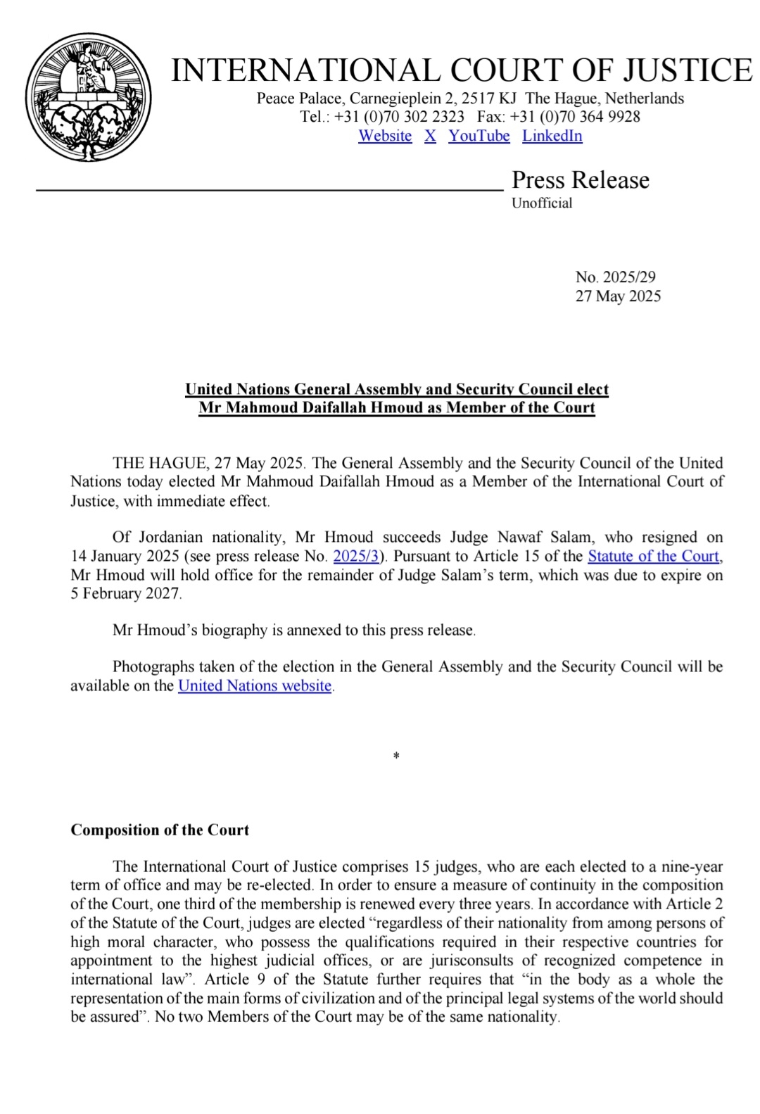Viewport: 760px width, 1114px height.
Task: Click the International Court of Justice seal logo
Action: pyautogui.click(x=89, y=97)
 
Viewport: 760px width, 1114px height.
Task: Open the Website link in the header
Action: pyautogui.click(x=385, y=136)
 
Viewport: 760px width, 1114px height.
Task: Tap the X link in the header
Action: pyautogui.click(x=430, y=136)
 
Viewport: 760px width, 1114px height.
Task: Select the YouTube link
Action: pyautogui.click(x=479, y=136)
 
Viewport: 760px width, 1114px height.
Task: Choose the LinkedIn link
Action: pyautogui.click(x=552, y=136)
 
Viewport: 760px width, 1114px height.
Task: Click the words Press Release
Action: pyautogui.click(x=580, y=180)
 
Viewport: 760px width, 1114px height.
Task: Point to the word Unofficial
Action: pyautogui.click(x=541, y=203)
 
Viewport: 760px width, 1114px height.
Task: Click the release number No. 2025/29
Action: pyautogui.click(x=615, y=277)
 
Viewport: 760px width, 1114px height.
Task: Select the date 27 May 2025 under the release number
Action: pyautogui.click(x=618, y=296)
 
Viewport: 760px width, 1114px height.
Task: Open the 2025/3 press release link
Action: pyautogui.click(x=355, y=557)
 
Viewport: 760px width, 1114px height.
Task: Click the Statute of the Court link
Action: pyautogui.click(x=653, y=557)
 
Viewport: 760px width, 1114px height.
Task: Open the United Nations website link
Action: pyautogui.click(x=254, y=686)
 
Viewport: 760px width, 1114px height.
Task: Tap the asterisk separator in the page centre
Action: pyautogui.click(x=397, y=757)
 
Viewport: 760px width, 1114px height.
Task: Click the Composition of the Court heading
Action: pyautogui.click(x=160, y=830)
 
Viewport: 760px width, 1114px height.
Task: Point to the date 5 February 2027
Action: pyautogui.click(x=125, y=594)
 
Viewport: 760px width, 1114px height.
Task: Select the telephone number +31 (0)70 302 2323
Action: pyautogui.click(x=399, y=117)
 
